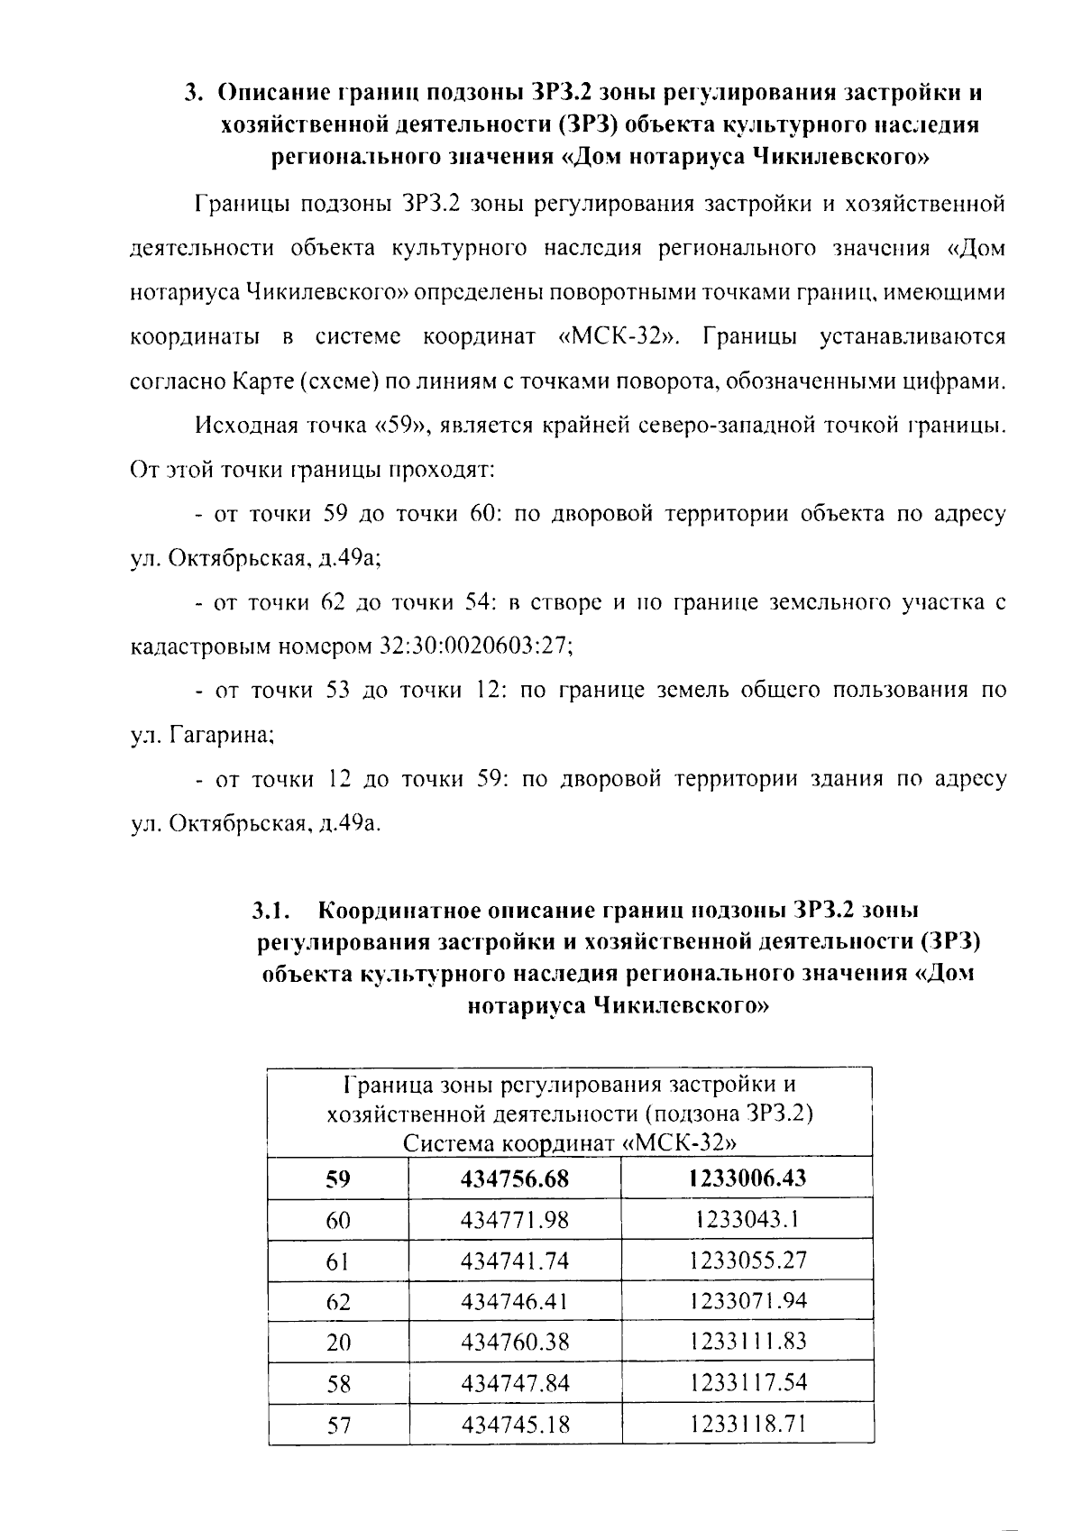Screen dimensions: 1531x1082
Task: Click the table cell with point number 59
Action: pyautogui.click(x=338, y=1178)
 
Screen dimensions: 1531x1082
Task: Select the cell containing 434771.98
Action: pyautogui.click(x=515, y=1220)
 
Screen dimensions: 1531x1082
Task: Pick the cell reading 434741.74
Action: pyautogui.click(x=515, y=1261)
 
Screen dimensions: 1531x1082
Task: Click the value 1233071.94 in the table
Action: pyautogui.click(x=747, y=1300)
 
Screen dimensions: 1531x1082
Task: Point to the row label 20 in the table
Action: pyautogui.click(x=338, y=1343)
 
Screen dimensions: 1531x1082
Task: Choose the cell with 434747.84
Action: pyautogui.click(x=515, y=1383)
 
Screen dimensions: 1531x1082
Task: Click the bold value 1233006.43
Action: pyautogui.click(x=747, y=1178)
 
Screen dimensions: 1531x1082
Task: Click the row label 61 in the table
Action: pyautogui.click(x=338, y=1261)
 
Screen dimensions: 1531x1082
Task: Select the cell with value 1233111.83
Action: pyautogui.click(x=747, y=1342)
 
